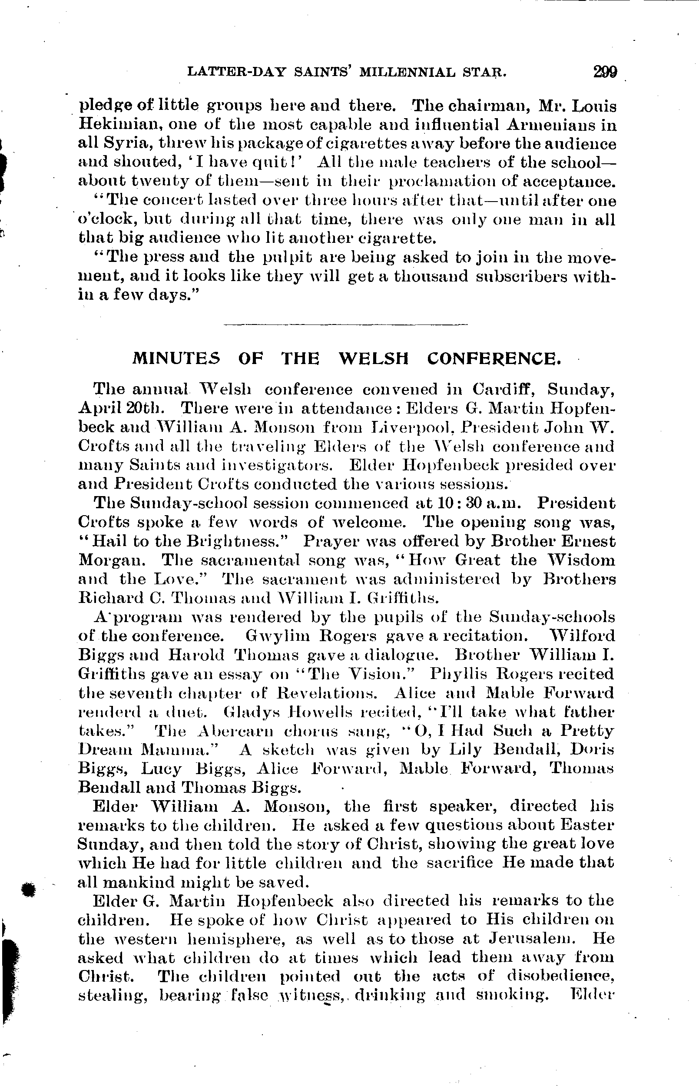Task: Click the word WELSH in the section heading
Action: pyautogui.click(x=374, y=359)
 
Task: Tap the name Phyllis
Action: pyautogui.click(x=456, y=674)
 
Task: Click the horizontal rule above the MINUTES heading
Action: pyautogui.click(x=345, y=324)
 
